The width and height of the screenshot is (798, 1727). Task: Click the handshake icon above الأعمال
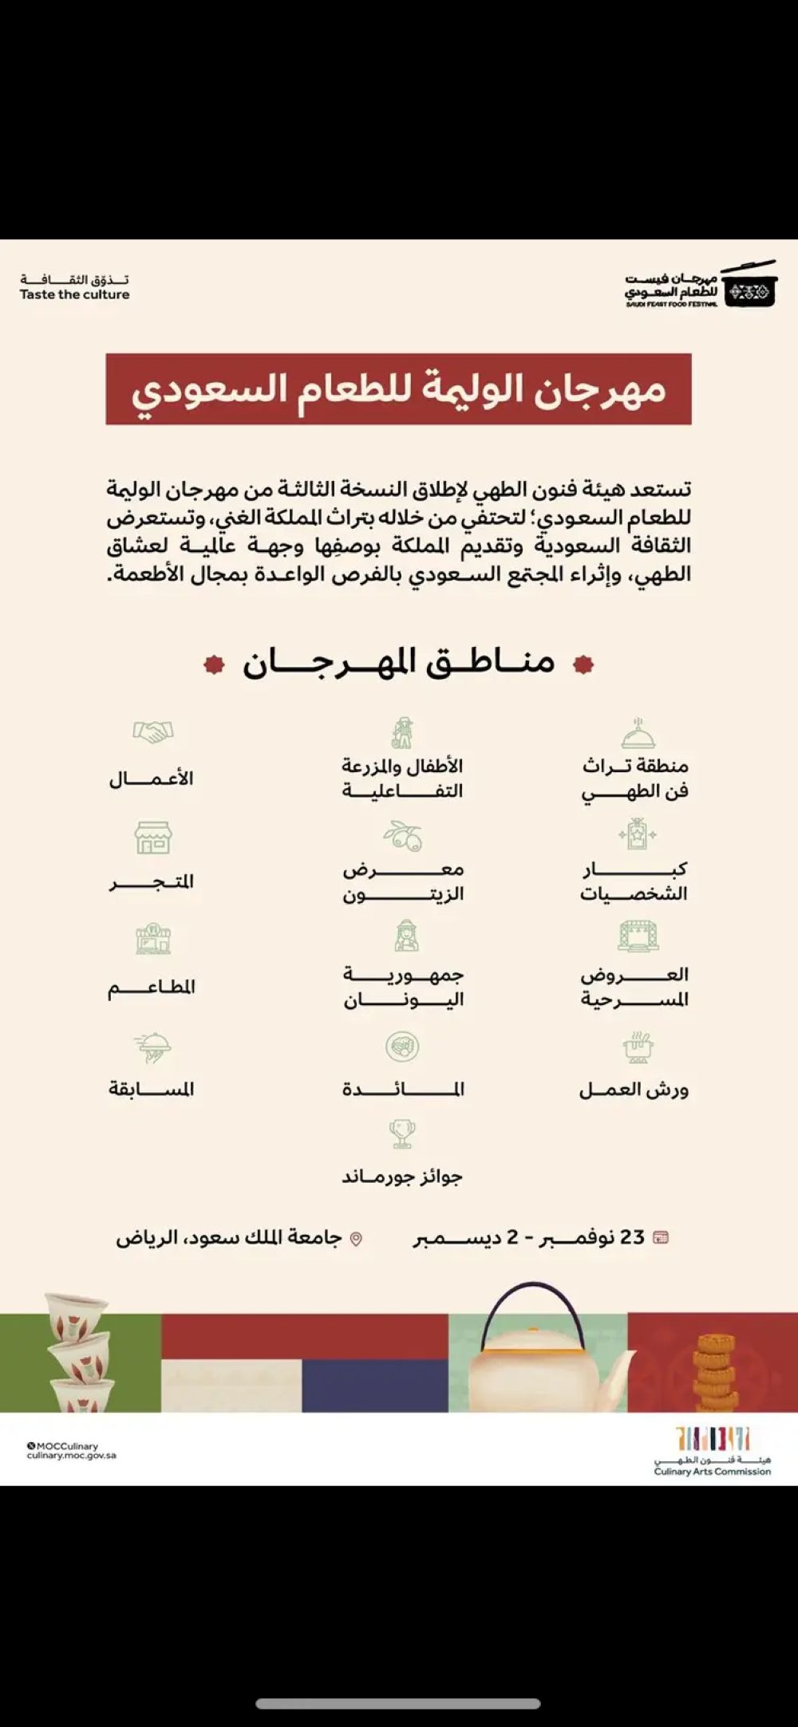click(x=153, y=731)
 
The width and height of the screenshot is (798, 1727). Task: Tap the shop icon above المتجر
click(x=152, y=838)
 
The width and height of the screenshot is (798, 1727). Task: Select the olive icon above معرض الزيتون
click(x=403, y=835)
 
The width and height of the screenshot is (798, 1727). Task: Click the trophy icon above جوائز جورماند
click(x=402, y=1133)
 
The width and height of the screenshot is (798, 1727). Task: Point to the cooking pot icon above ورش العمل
click(x=638, y=1047)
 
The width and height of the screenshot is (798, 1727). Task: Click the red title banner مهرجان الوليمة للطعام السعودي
click(x=398, y=389)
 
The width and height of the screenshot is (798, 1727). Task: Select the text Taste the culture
click(x=74, y=294)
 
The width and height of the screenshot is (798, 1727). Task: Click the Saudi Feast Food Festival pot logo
click(x=749, y=286)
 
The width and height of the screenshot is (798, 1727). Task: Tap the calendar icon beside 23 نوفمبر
click(x=661, y=1237)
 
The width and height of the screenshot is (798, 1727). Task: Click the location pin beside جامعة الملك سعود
click(x=357, y=1239)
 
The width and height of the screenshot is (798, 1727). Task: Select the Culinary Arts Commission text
click(x=712, y=1472)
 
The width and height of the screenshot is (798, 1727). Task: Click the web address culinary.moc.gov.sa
click(x=72, y=1456)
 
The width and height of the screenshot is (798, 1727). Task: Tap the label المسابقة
click(x=152, y=1089)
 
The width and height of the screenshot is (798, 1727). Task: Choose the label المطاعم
click(x=152, y=988)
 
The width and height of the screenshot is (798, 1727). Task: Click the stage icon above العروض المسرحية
click(x=638, y=936)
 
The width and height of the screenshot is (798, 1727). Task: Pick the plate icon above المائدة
click(x=402, y=1046)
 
